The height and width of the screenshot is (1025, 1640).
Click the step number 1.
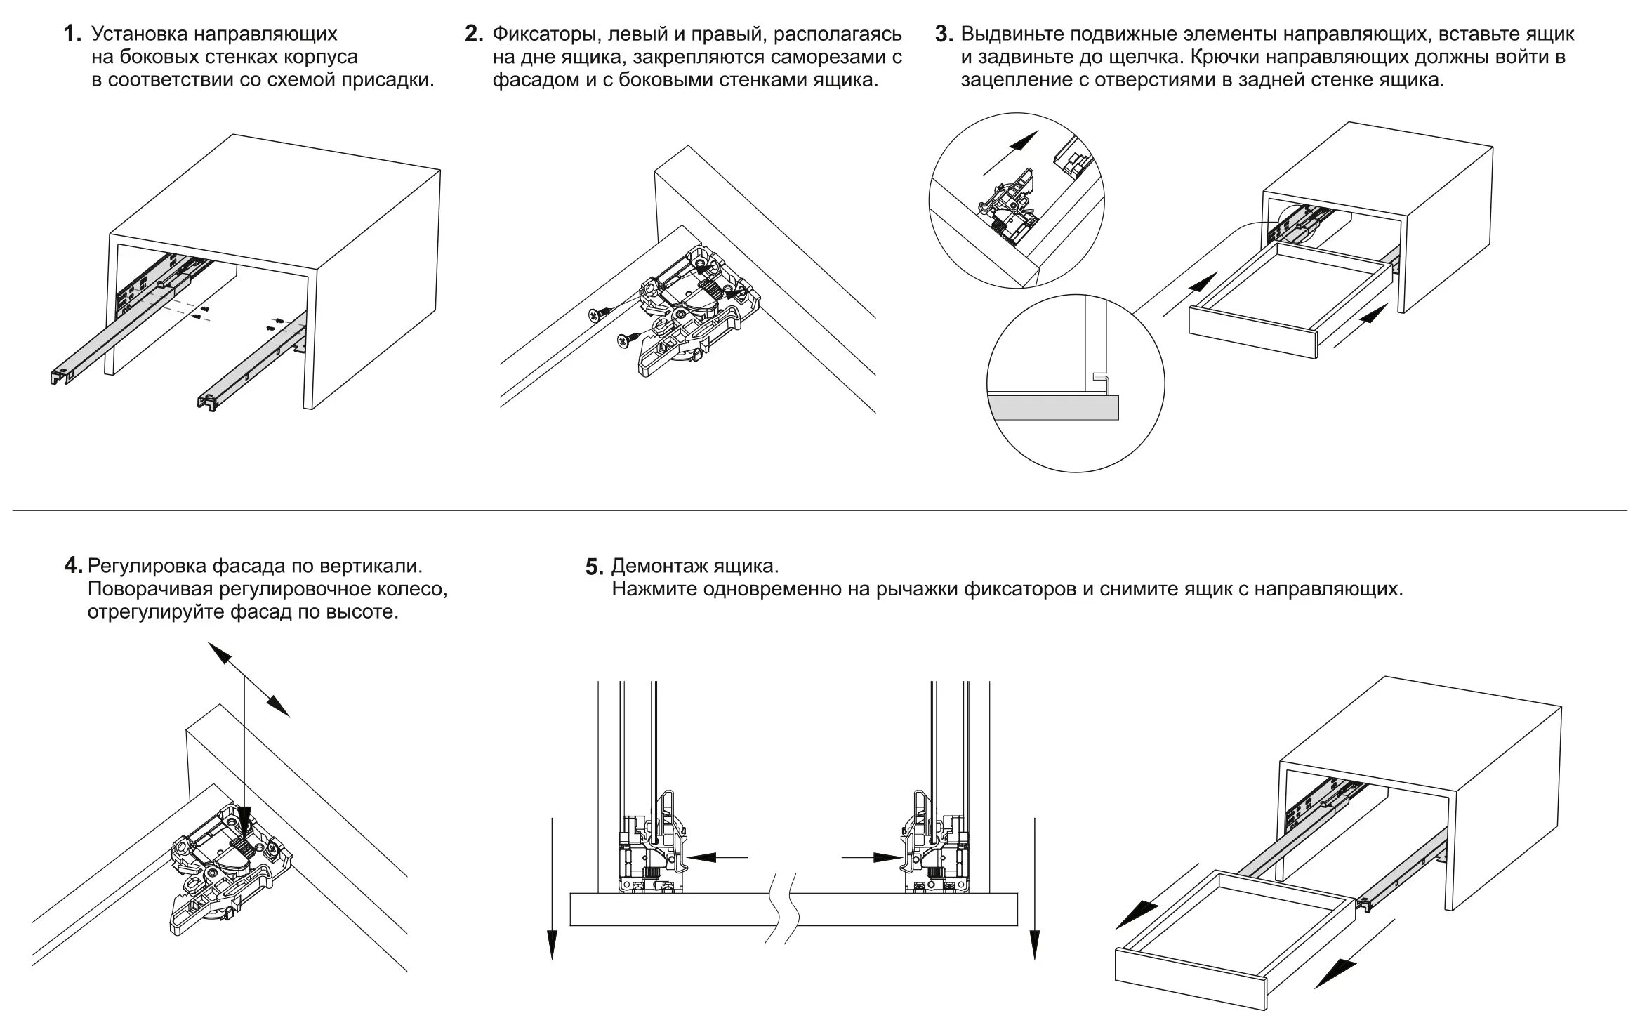click(x=71, y=34)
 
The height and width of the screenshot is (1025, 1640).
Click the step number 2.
click(x=473, y=34)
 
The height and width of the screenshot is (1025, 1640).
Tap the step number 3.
click(x=944, y=34)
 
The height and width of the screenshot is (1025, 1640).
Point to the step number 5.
click(x=594, y=567)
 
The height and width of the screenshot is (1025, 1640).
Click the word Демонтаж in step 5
click(x=658, y=566)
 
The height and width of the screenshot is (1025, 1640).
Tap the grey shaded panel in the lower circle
click(x=1053, y=406)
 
